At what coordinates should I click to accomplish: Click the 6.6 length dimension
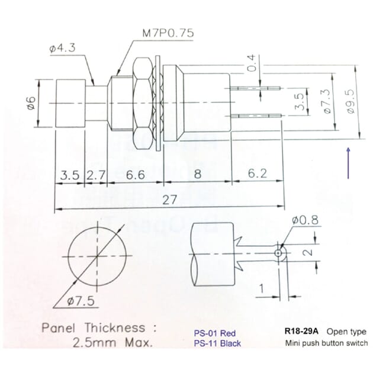136,176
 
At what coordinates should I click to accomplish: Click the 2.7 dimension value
96,176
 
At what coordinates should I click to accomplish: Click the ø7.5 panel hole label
81,301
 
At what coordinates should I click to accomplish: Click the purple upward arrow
349,163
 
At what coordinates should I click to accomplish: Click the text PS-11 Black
218,343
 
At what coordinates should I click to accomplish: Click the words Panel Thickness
93,327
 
